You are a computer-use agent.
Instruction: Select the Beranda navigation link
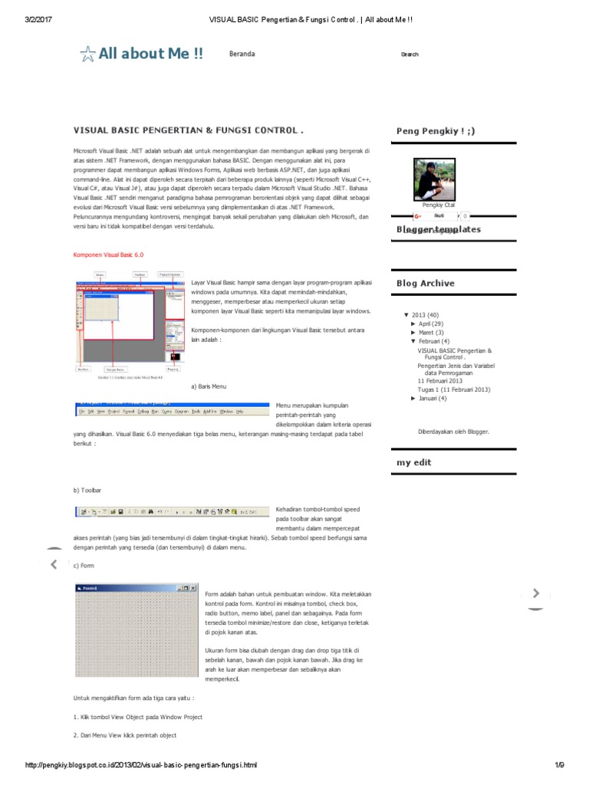242,54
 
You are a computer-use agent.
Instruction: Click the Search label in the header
410,54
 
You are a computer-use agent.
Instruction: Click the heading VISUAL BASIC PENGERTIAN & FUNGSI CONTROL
188,131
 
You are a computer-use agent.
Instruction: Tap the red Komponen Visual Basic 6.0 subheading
108,254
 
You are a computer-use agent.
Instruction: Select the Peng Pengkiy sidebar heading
435,131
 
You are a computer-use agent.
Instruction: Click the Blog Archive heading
425,283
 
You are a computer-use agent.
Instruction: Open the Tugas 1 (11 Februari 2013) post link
453,389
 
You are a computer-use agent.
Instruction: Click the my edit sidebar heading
413,462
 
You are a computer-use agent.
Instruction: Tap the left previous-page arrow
53,565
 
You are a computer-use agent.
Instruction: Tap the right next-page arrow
536,593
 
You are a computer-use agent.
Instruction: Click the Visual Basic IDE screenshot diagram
128,315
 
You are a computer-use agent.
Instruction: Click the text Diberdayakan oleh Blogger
452,432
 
